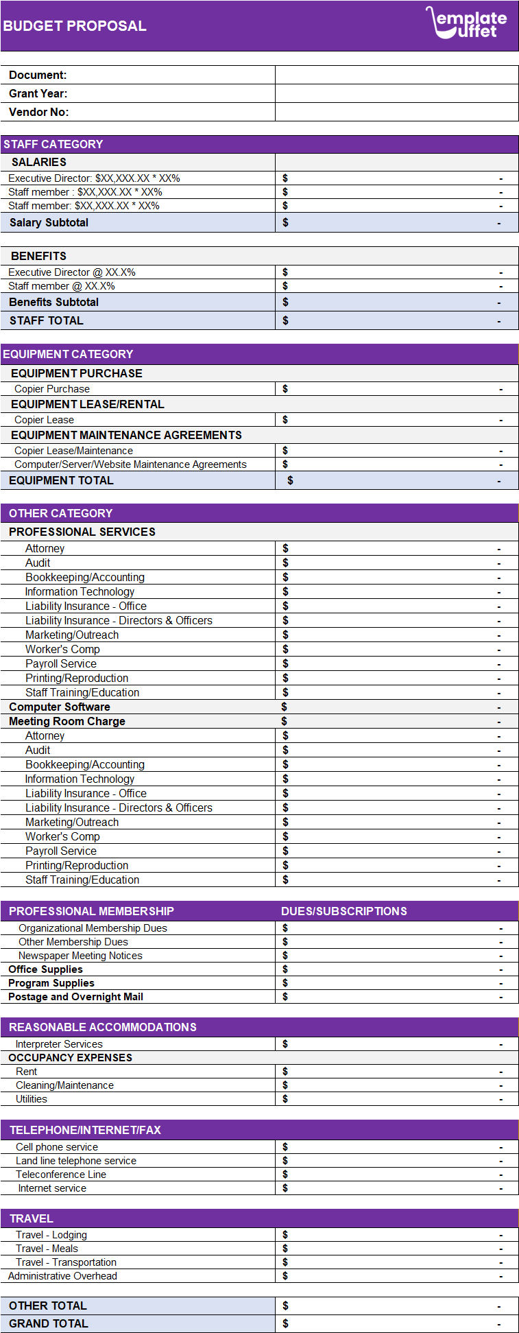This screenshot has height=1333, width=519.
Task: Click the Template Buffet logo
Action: [466, 23]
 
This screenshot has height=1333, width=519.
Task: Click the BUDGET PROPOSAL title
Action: [75, 26]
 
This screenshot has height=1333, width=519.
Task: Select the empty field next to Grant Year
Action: [396, 93]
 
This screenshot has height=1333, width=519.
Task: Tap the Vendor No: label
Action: [39, 112]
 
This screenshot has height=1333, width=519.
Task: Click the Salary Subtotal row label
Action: [49, 222]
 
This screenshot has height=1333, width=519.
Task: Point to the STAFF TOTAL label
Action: [46, 320]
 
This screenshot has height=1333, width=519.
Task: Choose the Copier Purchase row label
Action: [52, 389]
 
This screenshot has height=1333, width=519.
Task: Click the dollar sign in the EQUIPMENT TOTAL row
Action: [290, 480]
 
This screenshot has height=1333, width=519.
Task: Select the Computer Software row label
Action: [60, 707]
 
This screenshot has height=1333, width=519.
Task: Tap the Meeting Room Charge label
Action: [67, 721]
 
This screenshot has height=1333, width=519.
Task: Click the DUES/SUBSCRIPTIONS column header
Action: [344, 911]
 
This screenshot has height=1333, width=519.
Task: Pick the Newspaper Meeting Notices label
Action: [80, 956]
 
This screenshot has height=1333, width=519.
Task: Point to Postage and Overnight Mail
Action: [75, 997]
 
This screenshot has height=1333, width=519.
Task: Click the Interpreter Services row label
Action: [59, 1044]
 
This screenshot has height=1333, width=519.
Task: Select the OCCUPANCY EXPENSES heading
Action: [70, 1058]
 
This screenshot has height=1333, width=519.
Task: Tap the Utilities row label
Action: [32, 1099]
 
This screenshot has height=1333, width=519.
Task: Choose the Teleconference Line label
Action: [61, 1175]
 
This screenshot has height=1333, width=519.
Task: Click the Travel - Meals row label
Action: [47, 1249]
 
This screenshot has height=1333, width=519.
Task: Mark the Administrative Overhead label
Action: [62, 1276]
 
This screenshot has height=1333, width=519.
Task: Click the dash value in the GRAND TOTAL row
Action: [499, 1324]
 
